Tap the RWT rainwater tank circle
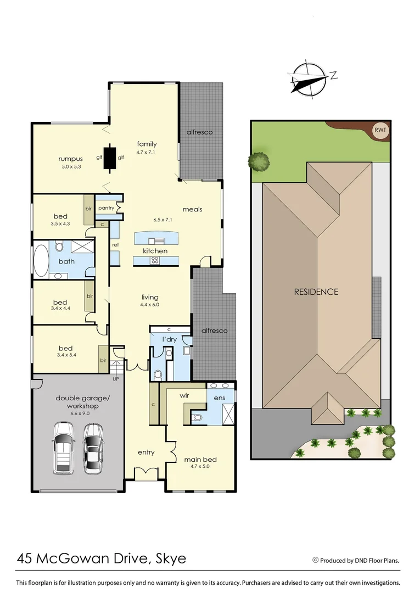coord(379,130)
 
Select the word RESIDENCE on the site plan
coord(316,292)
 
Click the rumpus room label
coord(70,159)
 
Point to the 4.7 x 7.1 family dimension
coord(147,152)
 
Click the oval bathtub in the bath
coord(41,260)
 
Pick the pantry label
coord(106,208)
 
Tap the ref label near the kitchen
coord(115,245)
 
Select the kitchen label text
coord(155,251)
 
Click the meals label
coord(193,209)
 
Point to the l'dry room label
coord(169,339)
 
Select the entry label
coord(146,452)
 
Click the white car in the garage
coord(64,447)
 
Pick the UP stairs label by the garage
coord(115,378)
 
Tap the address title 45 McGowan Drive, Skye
coord(102,559)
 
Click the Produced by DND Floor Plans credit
coord(356,561)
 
